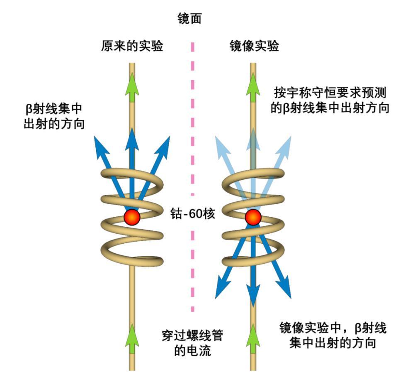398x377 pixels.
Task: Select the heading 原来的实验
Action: pos(131,46)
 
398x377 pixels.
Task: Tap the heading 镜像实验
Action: pos(254,46)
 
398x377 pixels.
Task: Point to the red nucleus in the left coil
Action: pos(132,217)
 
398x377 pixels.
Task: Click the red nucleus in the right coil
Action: pos(253,217)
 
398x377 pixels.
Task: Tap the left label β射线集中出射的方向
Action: pos(54,116)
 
